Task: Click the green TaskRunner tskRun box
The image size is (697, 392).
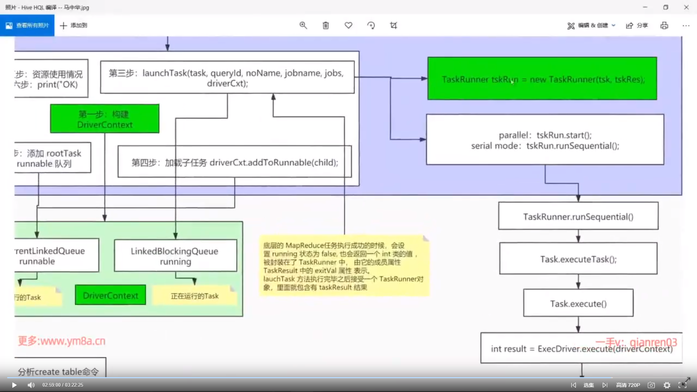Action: pyautogui.click(x=542, y=78)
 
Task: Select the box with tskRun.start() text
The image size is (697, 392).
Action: pyautogui.click(x=545, y=140)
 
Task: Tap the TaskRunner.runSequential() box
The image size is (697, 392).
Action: pyautogui.click(x=578, y=216)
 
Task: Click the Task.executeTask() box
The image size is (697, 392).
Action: pyautogui.click(x=578, y=259)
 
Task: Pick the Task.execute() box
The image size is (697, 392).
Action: pyautogui.click(x=578, y=303)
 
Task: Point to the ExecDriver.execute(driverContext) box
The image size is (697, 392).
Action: pyautogui.click(x=581, y=348)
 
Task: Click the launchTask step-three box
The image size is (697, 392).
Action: pyautogui.click(x=227, y=78)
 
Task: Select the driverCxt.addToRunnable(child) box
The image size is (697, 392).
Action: pyautogui.click(x=235, y=162)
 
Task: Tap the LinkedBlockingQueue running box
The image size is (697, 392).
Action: pyautogui.click(x=175, y=256)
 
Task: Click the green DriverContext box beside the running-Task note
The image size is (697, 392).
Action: pyautogui.click(x=110, y=295)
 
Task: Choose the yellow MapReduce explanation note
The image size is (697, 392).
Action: pyautogui.click(x=343, y=266)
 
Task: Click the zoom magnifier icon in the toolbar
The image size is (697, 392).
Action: pyautogui.click(x=303, y=25)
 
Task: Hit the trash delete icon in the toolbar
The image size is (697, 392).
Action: pyautogui.click(x=326, y=25)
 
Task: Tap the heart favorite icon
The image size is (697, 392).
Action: pyautogui.click(x=348, y=25)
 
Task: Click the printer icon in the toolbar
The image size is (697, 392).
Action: pyautogui.click(x=664, y=25)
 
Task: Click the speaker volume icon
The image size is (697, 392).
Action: pyautogui.click(x=31, y=385)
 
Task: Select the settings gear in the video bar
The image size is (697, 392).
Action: pyautogui.click(x=667, y=385)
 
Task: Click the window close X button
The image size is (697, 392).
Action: pyautogui.click(x=686, y=7)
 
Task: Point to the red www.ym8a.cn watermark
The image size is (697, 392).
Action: pyautogui.click(x=62, y=341)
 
